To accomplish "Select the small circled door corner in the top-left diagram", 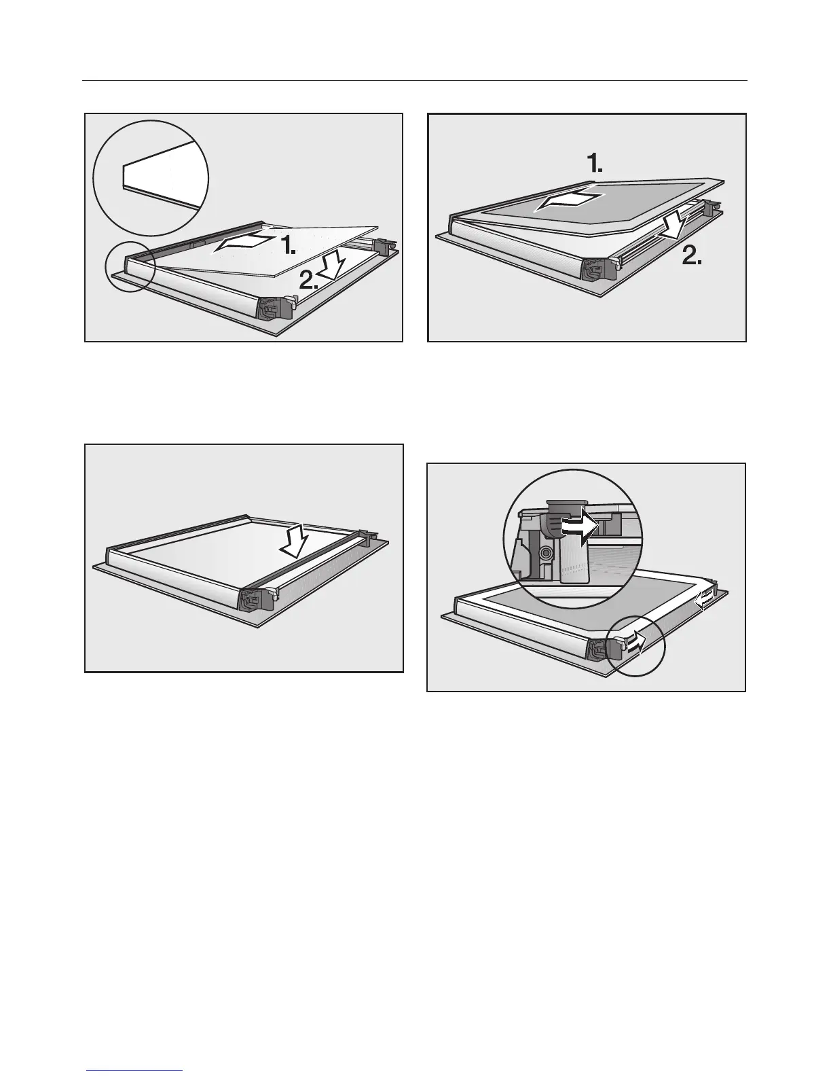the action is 130,267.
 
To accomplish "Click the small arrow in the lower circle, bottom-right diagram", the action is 633,641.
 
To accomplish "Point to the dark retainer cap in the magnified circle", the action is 566,505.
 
